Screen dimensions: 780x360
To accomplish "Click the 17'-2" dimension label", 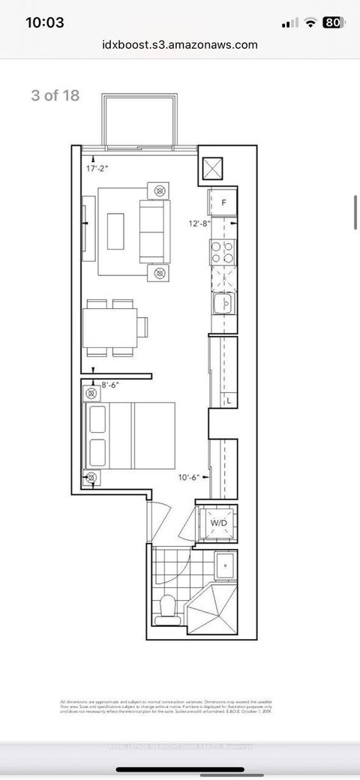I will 97,169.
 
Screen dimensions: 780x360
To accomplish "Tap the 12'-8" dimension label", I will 199,223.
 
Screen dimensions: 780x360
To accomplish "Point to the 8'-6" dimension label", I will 109,384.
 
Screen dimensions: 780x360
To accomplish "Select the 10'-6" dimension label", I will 189,477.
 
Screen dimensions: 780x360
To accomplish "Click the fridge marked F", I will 223,202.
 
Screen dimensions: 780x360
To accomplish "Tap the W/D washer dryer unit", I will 218,522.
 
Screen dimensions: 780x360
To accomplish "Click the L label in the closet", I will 229,402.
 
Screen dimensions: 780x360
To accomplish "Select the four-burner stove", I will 223,252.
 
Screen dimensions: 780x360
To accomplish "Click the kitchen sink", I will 223,303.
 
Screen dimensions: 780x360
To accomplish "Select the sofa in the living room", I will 153,232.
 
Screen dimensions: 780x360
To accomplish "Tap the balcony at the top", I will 142,120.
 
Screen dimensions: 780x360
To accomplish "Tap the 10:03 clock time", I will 45,22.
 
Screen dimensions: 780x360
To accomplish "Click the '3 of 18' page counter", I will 55,95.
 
